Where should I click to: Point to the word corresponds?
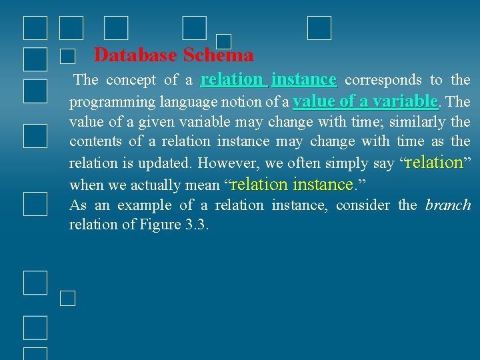point(383,80)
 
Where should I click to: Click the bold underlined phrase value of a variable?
point(365,101)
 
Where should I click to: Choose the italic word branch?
point(448,205)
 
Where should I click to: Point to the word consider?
point(363,205)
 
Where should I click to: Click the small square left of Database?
point(67,57)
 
